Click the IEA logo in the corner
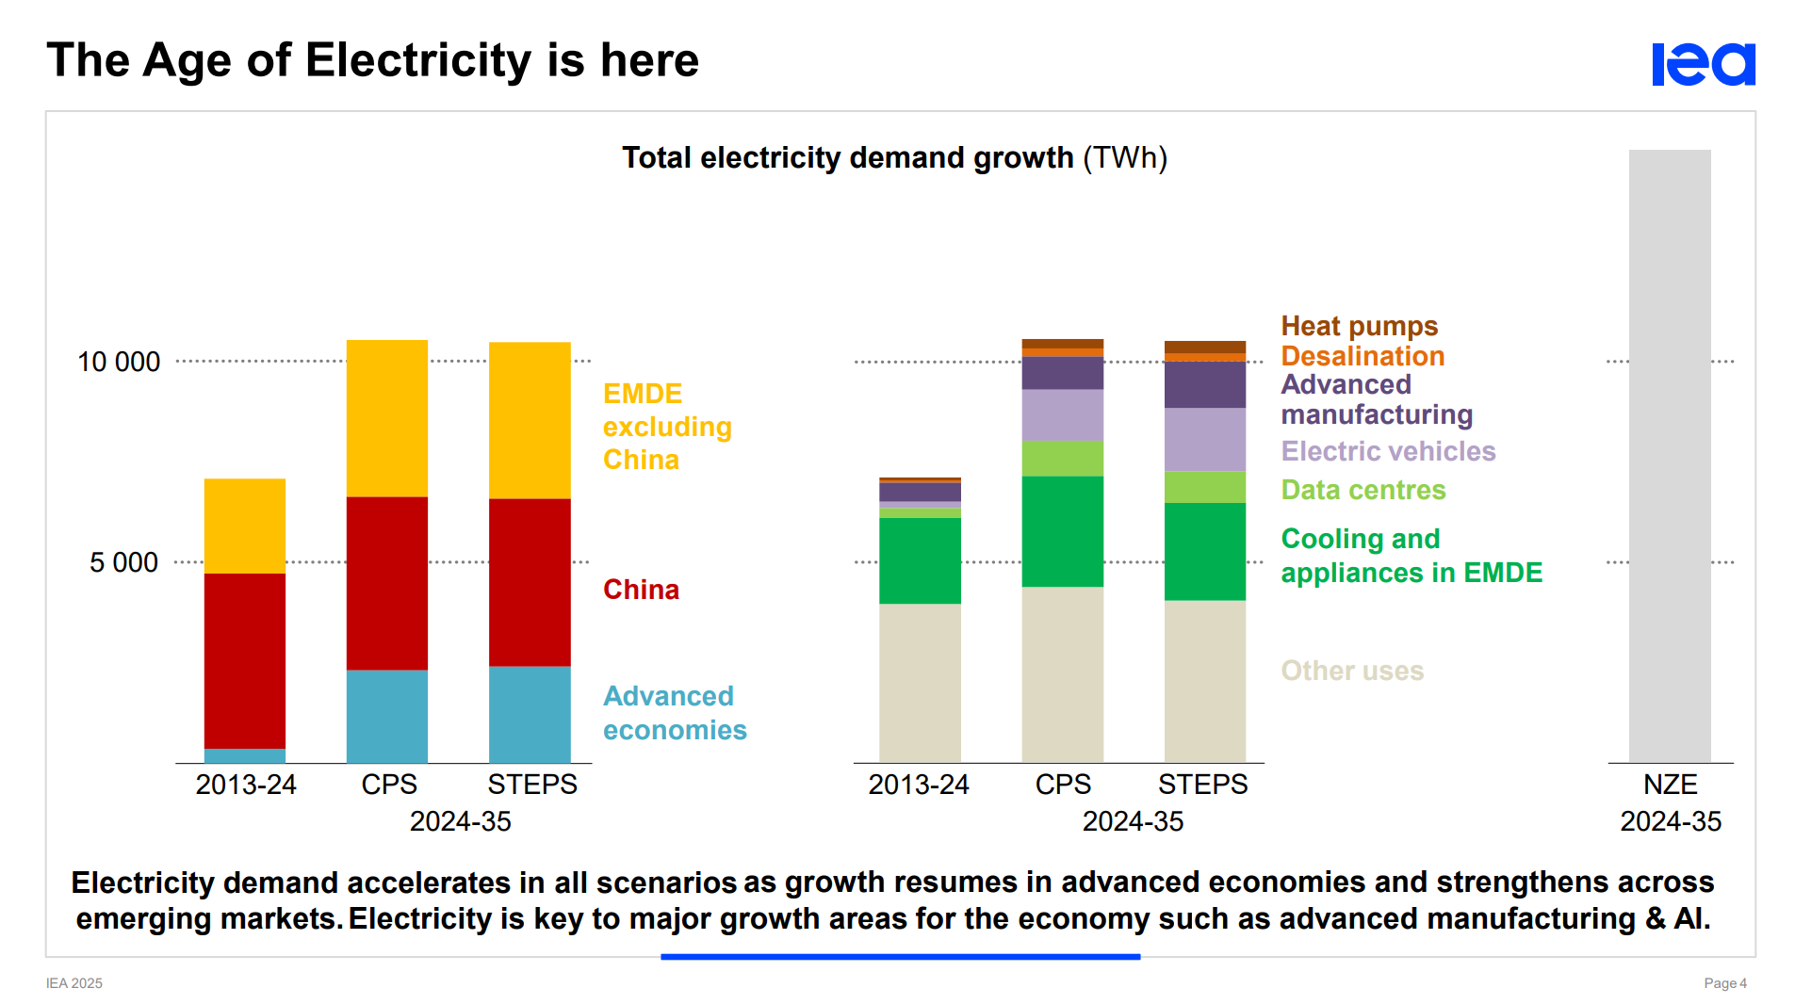(x=1703, y=64)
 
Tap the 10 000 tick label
(x=119, y=362)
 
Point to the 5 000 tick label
(x=123, y=562)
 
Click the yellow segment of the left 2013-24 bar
(x=245, y=526)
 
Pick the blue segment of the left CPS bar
(x=387, y=716)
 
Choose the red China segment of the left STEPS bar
(x=530, y=582)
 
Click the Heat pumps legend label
(x=1359, y=326)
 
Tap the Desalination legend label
(x=1363, y=356)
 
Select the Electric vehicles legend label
(x=1388, y=451)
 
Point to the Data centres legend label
(x=1363, y=490)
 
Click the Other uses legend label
(x=1352, y=671)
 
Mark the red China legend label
(x=641, y=590)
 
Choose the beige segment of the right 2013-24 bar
(x=920, y=683)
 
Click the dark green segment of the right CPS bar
(x=1062, y=531)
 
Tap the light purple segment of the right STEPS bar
(x=1204, y=439)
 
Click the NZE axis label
(x=1670, y=785)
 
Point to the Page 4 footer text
(x=1724, y=983)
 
